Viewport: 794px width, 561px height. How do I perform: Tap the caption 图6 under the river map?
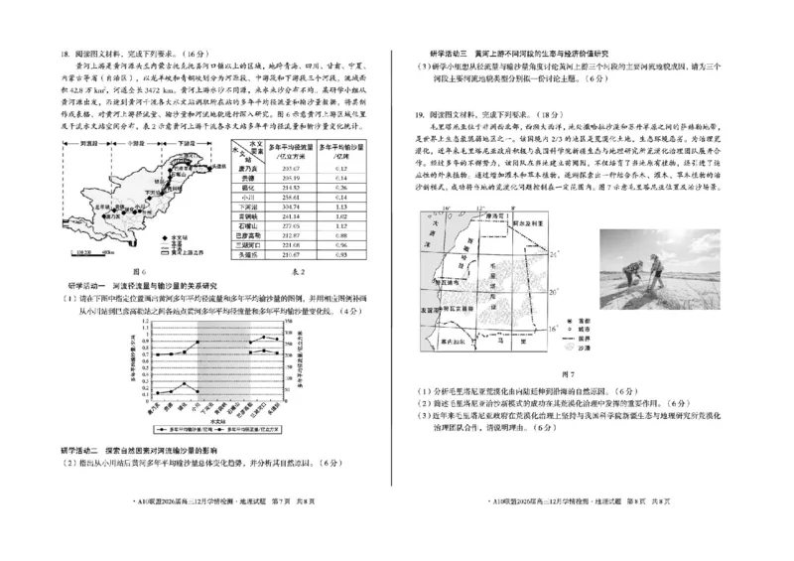click(x=139, y=270)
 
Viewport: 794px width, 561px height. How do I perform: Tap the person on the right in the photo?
click(x=653, y=270)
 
